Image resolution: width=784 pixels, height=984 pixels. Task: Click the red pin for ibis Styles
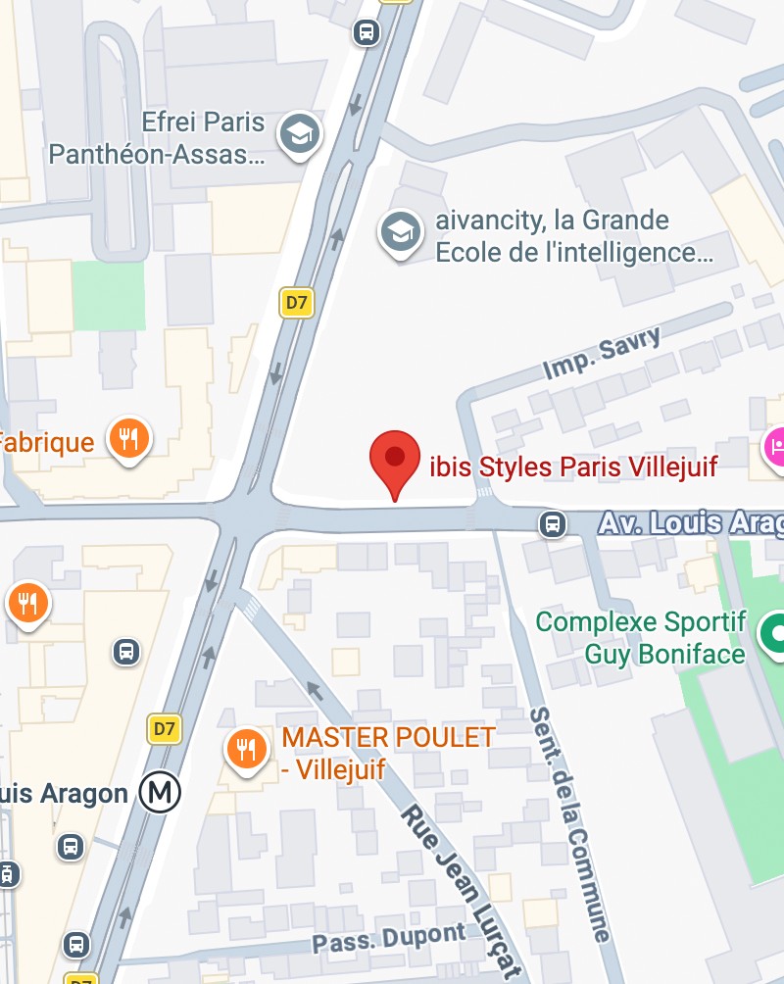395,460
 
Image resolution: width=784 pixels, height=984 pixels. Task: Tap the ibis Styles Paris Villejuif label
573,467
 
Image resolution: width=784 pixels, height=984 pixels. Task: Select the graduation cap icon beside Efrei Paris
299,135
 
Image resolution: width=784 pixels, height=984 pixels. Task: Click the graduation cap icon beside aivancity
401,234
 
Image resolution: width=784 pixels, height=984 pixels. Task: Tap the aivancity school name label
573,236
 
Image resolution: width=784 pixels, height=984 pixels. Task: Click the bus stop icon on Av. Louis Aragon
553,524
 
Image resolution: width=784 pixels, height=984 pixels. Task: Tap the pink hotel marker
775,447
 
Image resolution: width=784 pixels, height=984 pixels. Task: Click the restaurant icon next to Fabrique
128,437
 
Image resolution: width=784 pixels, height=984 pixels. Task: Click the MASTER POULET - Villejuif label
387,753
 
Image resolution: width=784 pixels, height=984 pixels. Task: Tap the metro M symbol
159,792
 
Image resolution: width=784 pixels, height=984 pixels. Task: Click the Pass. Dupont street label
389,938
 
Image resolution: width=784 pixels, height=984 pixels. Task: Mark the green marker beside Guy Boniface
775,634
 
